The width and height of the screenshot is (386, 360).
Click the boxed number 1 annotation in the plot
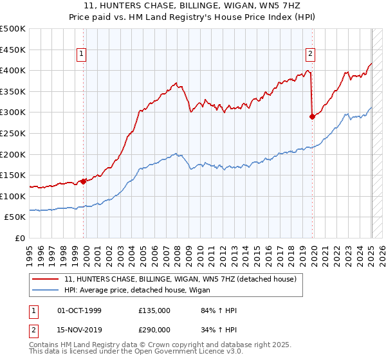82,55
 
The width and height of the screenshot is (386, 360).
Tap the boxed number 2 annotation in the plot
310,55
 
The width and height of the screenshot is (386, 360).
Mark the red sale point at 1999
84,181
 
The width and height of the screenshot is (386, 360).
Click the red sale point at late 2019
312,116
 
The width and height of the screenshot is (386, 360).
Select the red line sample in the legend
46,279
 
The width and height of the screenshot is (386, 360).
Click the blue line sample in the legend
46,291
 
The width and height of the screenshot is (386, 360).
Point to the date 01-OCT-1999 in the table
80,310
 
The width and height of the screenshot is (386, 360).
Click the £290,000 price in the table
154,329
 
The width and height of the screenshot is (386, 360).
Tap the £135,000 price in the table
154,310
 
